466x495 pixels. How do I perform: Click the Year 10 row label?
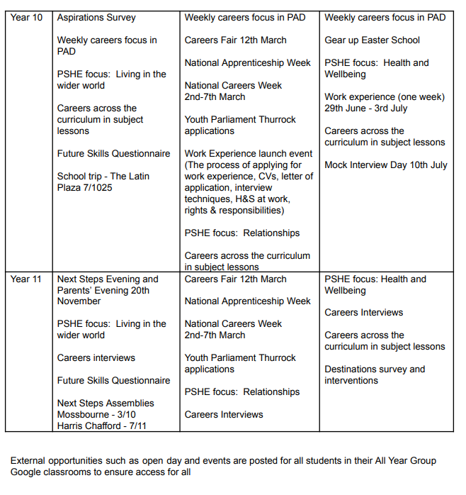[x=26, y=17]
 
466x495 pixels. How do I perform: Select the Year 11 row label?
[x=26, y=279]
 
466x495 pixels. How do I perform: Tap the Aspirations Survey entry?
[x=96, y=17]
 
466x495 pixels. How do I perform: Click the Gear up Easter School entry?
[x=372, y=40]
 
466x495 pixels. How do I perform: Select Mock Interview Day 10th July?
[x=386, y=165]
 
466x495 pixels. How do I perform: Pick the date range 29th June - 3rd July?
[x=366, y=108]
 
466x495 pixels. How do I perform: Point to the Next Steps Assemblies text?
[x=106, y=403]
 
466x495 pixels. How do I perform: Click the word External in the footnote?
[x=29, y=461]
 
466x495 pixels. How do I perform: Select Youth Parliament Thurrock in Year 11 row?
[x=240, y=357]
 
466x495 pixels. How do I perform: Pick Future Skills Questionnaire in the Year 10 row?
[x=113, y=153]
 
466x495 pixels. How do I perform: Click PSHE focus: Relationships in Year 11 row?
[x=241, y=391]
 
